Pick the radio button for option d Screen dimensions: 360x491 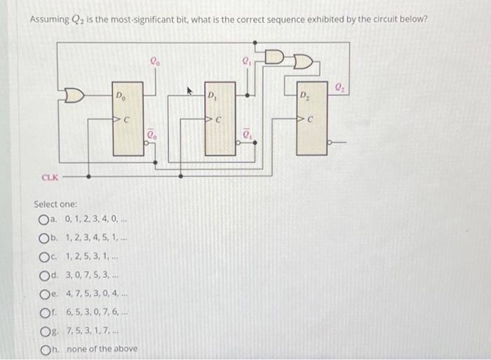[x=46, y=275]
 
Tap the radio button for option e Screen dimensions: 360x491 [x=46, y=294]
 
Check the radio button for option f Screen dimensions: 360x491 [x=46, y=312]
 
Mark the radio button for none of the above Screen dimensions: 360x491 [x=46, y=349]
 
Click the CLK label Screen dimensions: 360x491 [x=49, y=178]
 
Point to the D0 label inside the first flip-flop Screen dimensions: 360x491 [x=120, y=95]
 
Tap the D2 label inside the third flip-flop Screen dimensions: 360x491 [x=304, y=95]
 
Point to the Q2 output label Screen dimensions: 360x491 [x=339, y=87]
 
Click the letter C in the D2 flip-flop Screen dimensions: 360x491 [x=309, y=120]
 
